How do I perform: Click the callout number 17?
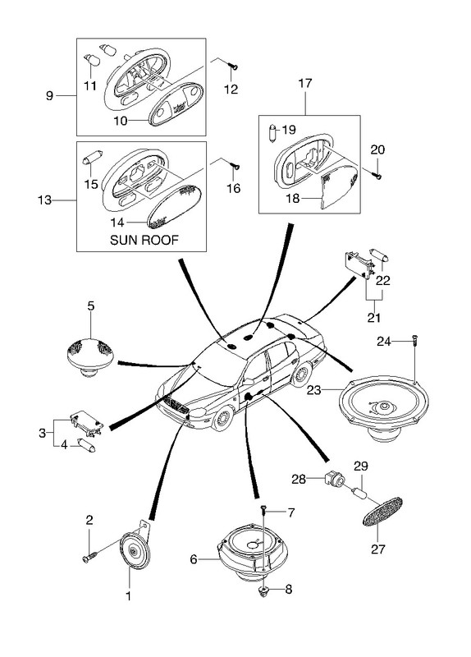(305, 83)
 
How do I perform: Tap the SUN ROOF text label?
(144, 240)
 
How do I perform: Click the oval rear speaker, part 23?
(383, 407)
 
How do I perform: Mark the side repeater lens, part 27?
(382, 512)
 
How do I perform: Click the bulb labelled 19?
(272, 134)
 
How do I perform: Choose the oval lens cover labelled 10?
(176, 103)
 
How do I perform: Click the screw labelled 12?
(233, 66)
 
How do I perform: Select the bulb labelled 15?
(93, 158)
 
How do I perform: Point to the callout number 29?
(360, 466)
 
